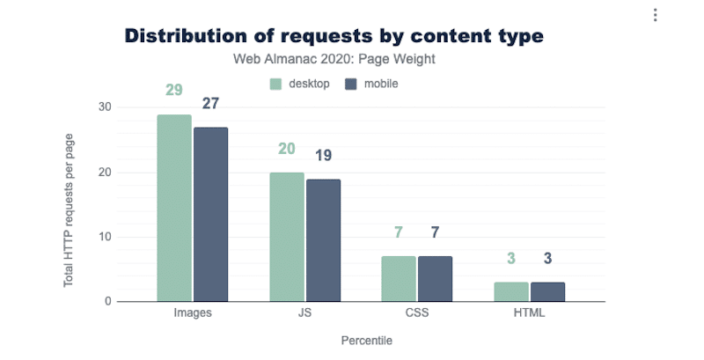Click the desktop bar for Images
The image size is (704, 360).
[174, 209]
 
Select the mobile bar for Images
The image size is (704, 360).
[211, 215]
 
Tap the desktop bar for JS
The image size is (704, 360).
[287, 238]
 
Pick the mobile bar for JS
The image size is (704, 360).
[323, 240]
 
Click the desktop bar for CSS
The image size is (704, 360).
[399, 279]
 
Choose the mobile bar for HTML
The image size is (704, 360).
[547, 292]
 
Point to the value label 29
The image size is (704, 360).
[174, 92]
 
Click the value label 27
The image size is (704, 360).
[211, 104]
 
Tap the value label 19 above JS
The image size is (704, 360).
[323, 156]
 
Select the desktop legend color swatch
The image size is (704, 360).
[275, 84]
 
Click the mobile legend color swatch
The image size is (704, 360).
[349, 84]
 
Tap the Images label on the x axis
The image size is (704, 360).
[193, 312]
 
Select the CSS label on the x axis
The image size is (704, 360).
[416, 312]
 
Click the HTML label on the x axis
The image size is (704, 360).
[529, 312]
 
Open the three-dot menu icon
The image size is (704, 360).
[655, 16]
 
